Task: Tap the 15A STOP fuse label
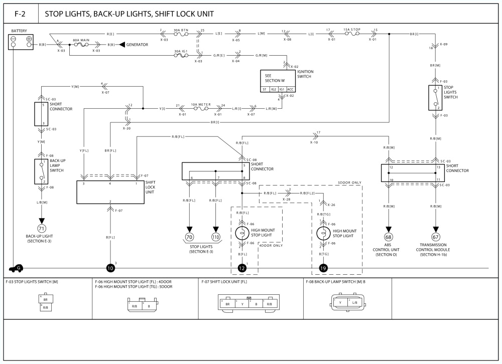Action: [x=352, y=30]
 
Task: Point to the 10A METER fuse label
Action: [x=200, y=104]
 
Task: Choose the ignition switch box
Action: [x=277, y=81]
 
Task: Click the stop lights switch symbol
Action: [x=434, y=98]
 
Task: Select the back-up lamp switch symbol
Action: [x=40, y=171]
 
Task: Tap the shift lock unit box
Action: [x=109, y=192]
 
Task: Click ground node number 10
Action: [x=110, y=269]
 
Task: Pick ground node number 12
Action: [x=242, y=269]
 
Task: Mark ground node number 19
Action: [x=322, y=269]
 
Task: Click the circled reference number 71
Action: [x=42, y=229]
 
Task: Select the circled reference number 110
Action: [x=216, y=237]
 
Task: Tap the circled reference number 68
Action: [x=389, y=237]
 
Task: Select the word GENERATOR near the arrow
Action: [x=137, y=45]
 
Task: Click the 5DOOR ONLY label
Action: [x=349, y=183]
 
